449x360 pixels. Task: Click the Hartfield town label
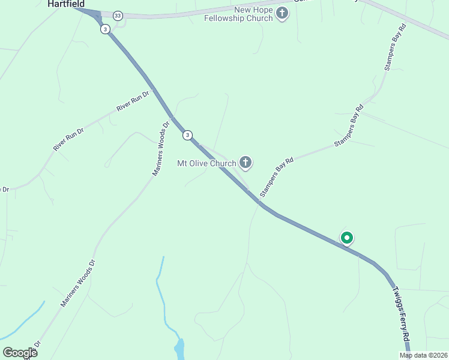pos(66,4)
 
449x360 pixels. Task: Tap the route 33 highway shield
pos(118,16)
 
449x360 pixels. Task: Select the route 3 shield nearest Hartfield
pos(105,29)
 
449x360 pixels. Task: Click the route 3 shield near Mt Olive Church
pos(188,135)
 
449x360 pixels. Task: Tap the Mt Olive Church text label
pos(206,163)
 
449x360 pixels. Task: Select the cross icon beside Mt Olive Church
pos(245,162)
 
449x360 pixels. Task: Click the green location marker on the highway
pos(346,238)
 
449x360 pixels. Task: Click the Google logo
pos(20,352)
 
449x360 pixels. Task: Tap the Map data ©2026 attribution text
pos(423,355)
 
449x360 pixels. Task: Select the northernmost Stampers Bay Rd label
pos(396,48)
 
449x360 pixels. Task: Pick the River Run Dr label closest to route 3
pos(132,100)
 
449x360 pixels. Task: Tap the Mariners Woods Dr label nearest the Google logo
pos(78,283)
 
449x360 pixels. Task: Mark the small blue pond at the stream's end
pos(179,347)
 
